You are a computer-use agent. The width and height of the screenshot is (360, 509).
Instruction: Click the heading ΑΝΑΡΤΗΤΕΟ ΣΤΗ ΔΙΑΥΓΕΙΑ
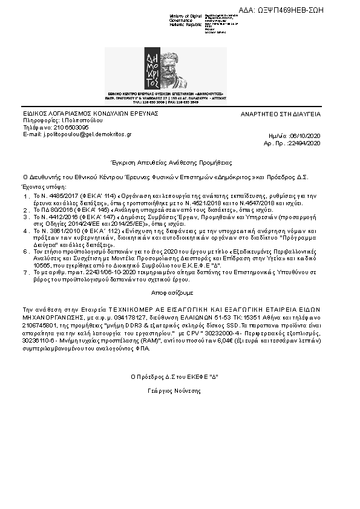[281, 114]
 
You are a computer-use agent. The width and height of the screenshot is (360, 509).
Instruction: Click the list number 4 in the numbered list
[25, 231]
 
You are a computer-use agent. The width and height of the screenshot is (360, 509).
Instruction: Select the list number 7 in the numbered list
[25, 273]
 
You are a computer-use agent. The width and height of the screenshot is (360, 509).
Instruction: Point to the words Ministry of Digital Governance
[186, 18]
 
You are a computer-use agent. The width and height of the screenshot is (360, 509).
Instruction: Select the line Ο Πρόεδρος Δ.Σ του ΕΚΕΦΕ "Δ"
[174, 376]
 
